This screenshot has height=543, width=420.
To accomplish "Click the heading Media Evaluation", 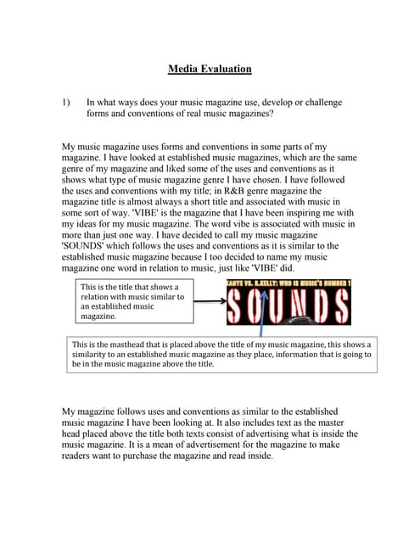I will click(210, 69).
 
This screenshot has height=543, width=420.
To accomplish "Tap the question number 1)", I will click(68, 102).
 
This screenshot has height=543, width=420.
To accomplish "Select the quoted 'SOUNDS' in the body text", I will click(88, 245).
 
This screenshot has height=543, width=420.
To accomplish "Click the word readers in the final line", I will click(80, 455).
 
